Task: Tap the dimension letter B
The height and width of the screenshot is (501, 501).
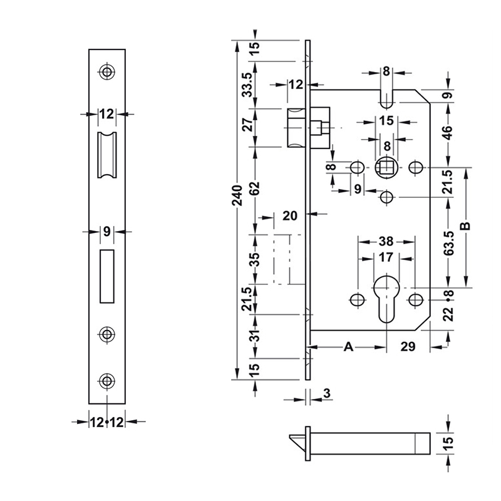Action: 464,225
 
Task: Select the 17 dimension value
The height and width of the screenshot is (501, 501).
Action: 386,257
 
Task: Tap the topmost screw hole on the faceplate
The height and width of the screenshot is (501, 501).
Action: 107,73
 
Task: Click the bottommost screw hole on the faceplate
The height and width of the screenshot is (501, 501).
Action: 107,380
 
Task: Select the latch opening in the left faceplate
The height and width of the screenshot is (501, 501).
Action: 107,154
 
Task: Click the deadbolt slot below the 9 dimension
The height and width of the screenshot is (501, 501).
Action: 107,275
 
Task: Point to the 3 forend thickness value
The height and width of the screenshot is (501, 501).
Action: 328,393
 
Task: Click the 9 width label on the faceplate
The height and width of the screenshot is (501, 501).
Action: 107,231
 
